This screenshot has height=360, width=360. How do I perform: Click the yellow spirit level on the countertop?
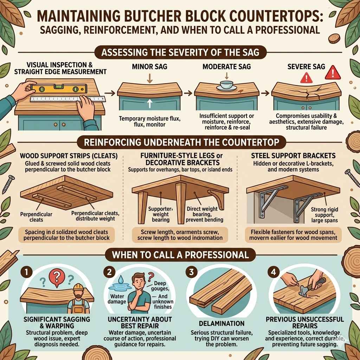point(59,88)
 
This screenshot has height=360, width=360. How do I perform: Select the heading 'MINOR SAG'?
point(150,67)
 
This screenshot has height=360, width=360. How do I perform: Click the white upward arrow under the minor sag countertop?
point(149,103)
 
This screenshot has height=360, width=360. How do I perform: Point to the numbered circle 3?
point(191,272)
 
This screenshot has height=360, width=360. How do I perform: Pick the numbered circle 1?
point(26,272)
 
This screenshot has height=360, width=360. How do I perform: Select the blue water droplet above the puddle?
point(121,279)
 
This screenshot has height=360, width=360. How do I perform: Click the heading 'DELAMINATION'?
point(222,323)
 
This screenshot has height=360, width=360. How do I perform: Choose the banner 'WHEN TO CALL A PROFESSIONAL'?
point(180,255)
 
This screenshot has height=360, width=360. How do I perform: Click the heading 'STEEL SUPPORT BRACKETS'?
point(293,156)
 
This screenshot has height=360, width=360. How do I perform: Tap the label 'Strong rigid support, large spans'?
point(324,215)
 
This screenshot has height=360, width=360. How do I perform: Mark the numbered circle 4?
point(273,272)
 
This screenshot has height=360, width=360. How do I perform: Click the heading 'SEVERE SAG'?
point(306,66)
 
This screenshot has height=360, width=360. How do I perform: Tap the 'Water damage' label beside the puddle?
point(117,299)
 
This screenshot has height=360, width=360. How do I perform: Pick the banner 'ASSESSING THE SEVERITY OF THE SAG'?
point(180,52)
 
